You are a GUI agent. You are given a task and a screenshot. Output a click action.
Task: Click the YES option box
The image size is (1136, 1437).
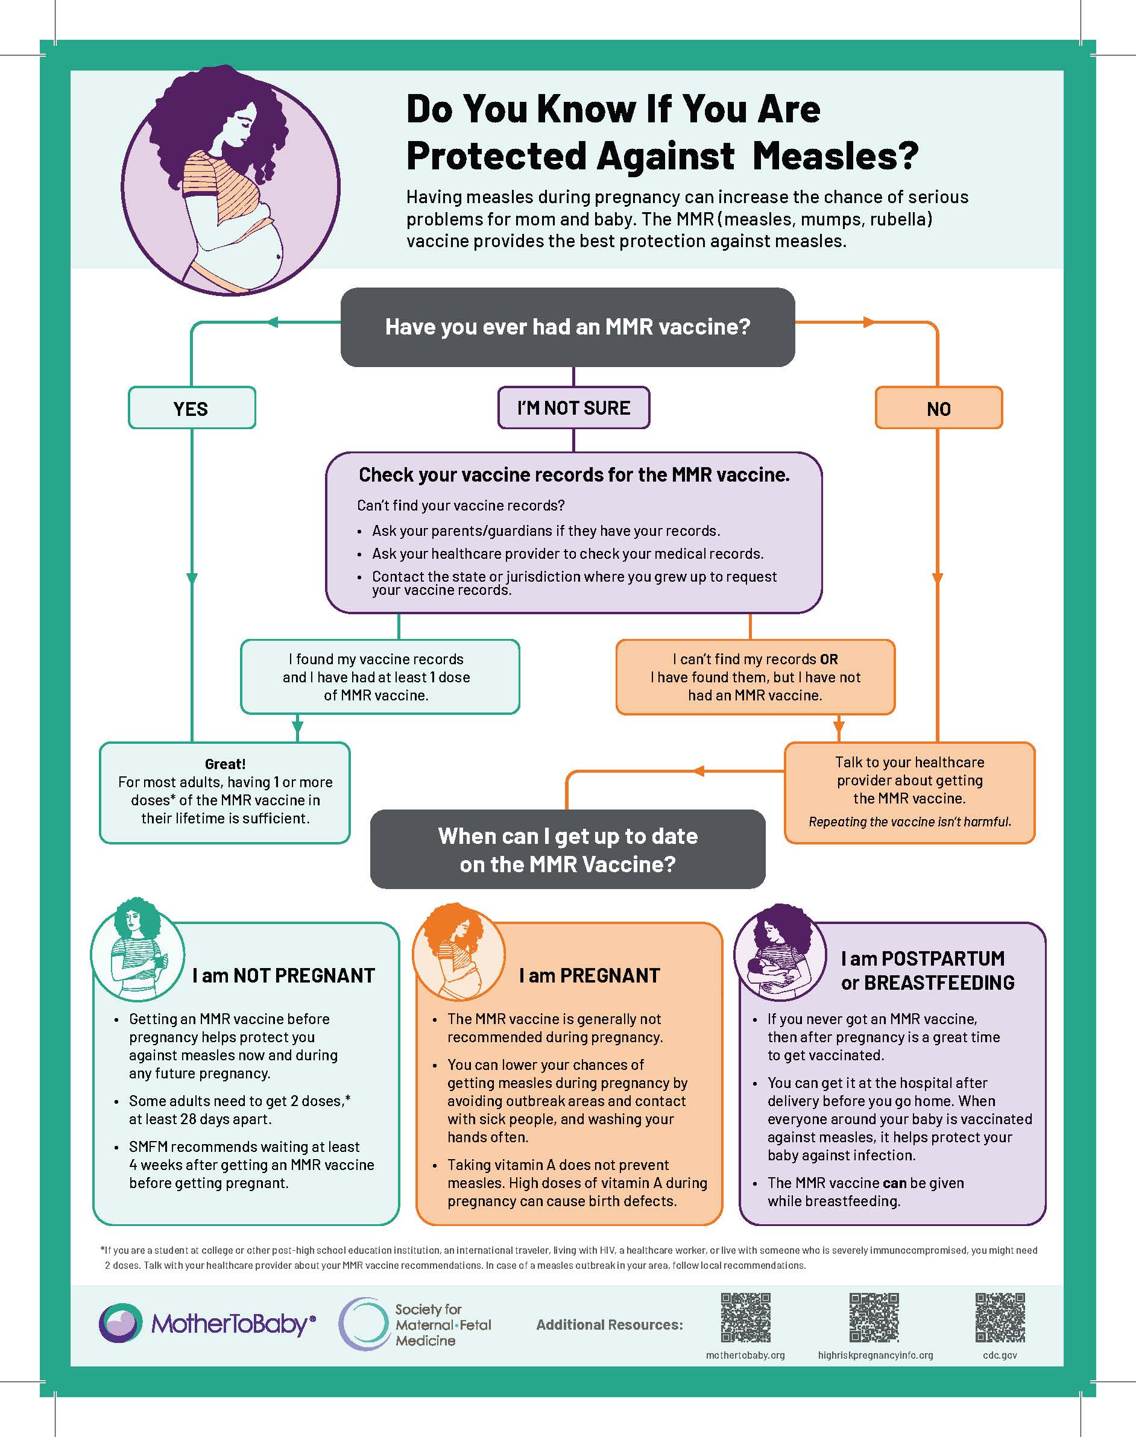pos(192,407)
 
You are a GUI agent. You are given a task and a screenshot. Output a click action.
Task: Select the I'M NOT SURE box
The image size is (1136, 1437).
pos(573,407)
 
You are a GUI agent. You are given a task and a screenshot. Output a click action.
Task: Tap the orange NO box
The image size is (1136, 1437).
pos(938,407)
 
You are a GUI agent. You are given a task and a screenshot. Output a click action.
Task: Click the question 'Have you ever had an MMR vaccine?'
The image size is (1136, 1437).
pos(567,327)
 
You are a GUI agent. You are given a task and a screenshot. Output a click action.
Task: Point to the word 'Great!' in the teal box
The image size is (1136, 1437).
pos(225,764)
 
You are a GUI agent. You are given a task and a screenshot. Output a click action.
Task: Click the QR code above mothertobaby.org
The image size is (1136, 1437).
pos(746,1317)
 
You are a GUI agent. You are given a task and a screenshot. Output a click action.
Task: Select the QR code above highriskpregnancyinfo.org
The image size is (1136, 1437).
pos(874,1317)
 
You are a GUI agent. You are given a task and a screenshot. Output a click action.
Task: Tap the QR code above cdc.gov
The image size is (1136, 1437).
pos(1000,1317)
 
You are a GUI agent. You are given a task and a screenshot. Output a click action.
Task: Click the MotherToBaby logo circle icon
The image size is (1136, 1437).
pos(121,1322)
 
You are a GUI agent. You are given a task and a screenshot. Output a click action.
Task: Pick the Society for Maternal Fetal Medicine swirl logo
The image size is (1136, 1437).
pos(363,1323)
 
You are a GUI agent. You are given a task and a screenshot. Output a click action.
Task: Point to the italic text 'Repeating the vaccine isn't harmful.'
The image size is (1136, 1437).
pos(909,822)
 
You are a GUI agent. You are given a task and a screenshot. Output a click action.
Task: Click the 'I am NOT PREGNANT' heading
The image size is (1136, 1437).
pos(283,975)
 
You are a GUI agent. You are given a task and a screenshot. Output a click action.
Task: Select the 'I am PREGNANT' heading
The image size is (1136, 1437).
pos(589,975)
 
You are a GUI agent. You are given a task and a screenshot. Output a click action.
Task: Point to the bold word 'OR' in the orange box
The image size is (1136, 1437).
pos(828,659)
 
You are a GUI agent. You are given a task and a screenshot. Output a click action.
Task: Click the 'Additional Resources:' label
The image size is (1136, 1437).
pos(609,1325)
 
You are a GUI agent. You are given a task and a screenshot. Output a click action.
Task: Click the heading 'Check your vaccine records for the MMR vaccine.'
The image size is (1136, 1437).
pos(574,475)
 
